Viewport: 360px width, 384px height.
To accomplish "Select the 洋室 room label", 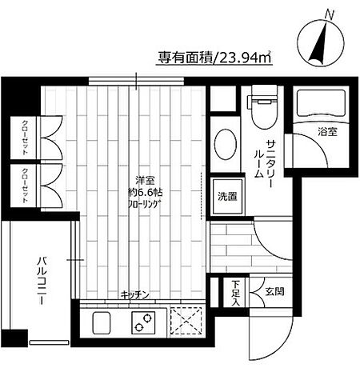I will [143, 180].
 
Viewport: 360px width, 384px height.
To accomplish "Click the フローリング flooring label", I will [144, 206].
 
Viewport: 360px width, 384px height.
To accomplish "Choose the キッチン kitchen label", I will [136, 295].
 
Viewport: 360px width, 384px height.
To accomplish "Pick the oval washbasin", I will [226, 147].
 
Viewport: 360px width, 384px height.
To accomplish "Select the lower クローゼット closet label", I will [26, 186].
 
